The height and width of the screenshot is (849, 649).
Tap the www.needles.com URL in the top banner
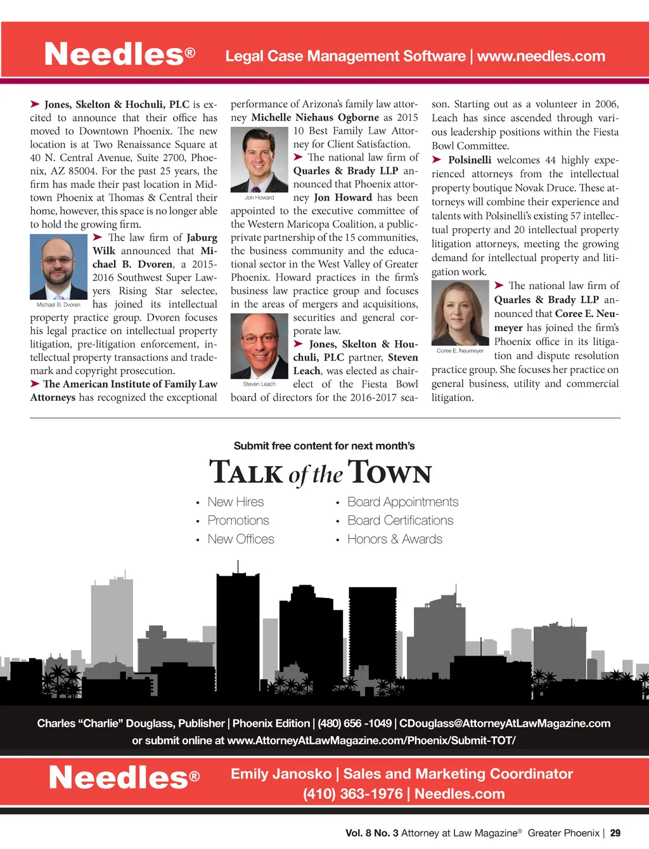click(x=541, y=56)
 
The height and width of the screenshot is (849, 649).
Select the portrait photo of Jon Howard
click(x=259, y=159)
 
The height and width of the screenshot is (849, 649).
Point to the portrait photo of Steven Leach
click(x=259, y=346)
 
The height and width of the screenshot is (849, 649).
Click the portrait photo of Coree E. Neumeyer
click(x=460, y=313)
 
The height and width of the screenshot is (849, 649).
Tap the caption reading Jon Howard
click(x=259, y=198)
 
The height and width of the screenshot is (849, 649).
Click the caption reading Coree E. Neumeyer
click(x=460, y=351)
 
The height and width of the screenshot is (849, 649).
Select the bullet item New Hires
click(x=235, y=502)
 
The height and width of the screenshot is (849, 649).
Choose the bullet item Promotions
click(x=238, y=521)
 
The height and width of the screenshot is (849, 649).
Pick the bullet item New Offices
click(x=241, y=540)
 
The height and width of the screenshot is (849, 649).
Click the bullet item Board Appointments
click(x=402, y=502)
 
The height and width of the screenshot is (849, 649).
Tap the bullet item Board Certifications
click(x=400, y=521)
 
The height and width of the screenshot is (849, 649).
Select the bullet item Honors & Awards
click(x=395, y=540)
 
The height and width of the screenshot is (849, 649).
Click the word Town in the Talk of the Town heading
click(x=389, y=472)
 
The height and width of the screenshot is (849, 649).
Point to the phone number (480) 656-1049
click(x=354, y=723)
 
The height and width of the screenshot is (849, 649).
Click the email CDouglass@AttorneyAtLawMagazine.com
click(x=504, y=723)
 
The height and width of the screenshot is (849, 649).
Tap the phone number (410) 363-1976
click(x=353, y=794)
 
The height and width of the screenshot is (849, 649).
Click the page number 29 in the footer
click(x=615, y=833)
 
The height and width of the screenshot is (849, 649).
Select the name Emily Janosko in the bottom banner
click(x=281, y=774)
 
